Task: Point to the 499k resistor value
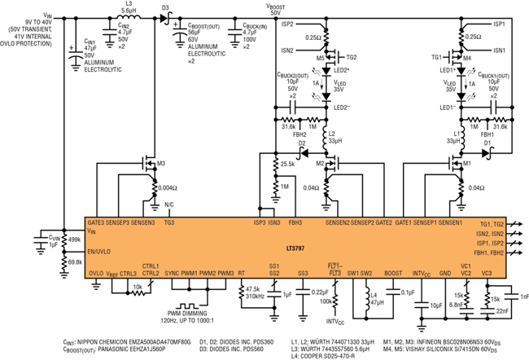(74, 239)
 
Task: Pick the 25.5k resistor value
(286, 164)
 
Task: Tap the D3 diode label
(165, 8)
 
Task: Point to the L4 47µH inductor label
(378, 301)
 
